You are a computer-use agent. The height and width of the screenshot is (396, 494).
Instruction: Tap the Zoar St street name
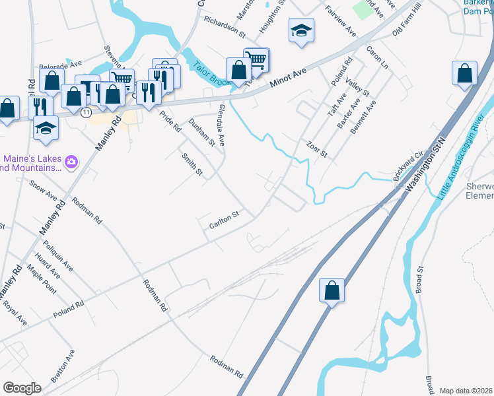pyautogui.click(x=317, y=148)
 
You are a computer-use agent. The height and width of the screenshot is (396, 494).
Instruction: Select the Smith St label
pyautogui.click(x=192, y=163)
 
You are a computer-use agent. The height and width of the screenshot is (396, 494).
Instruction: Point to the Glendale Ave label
pyautogui.click(x=221, y=125)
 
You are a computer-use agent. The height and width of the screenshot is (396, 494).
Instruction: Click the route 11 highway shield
pyautogui.click(x=86, y=113)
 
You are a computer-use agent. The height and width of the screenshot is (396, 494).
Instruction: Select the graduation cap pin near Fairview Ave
pyautogui.click(x=301, y=30)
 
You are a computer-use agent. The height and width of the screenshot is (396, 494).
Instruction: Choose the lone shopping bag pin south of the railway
pyautogui.click(x=332, y=290)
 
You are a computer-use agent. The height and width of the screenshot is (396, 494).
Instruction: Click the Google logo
pyautogui.click(x=22, y=388)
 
